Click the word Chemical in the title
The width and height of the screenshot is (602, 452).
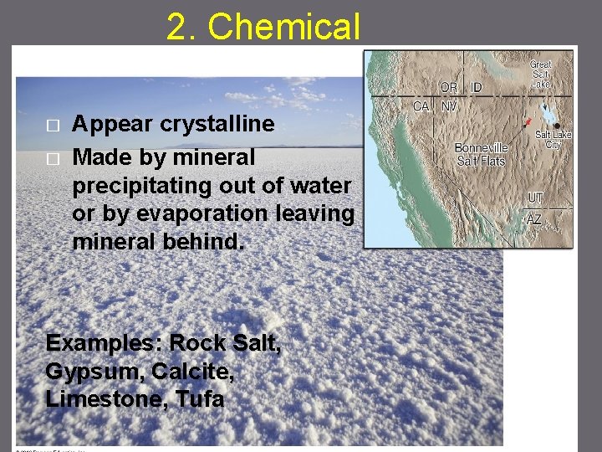pyautogui.click(x=284, y=27)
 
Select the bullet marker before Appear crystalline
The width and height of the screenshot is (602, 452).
pyautogui.click(x=53, y=125)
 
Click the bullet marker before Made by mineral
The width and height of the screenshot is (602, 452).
pyautogui.click(x=53, y=157)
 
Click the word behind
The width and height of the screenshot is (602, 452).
pyautogui.click(x=207, y=241)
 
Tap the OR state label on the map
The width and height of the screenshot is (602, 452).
pyautogui.click(x=449, y=87)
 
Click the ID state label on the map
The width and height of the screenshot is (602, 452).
pyautogui.click(x=476, y=87)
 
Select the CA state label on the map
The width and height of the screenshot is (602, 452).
pyautogui.click(x=422, y=106)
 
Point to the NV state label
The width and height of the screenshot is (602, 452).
pyautogui.click(x=449, y=106)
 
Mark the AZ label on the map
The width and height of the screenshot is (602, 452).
pyautogui.click(x=535, y=219)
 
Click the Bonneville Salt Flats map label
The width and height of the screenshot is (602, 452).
pyautogui.click(x=482, y=154)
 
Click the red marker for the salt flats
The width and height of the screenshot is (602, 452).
pyautogui.click(x=527, y=122)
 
